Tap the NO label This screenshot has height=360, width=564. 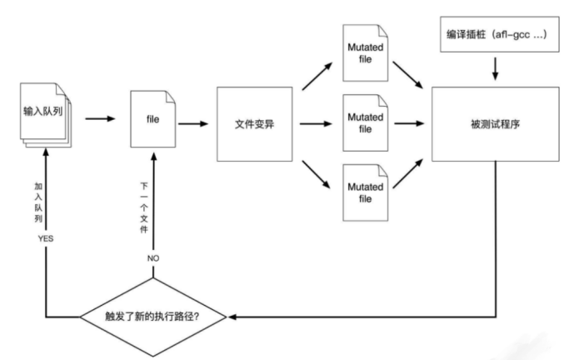click(x=154, y=259)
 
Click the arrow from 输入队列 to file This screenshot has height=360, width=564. click(x=99, y=118)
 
